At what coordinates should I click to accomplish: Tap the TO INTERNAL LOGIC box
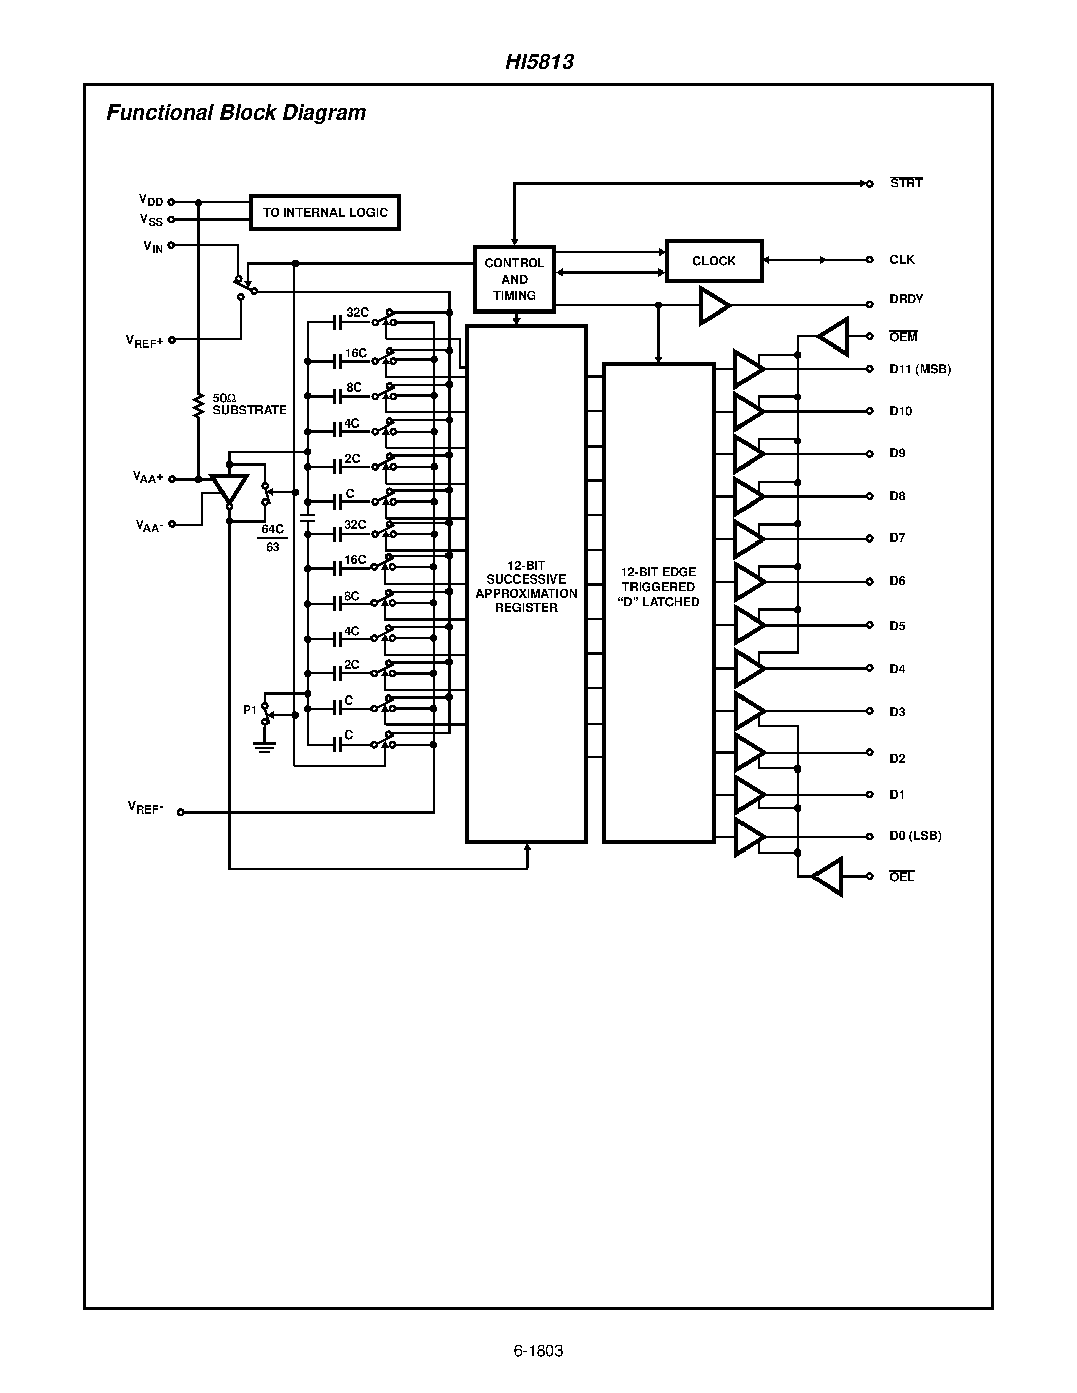coord(325,212)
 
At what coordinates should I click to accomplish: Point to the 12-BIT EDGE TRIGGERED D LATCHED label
coord(658,587)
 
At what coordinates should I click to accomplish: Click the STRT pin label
coord(906,184)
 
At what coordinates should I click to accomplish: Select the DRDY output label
coord(906,299)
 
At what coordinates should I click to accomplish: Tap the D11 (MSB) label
coord(920,369)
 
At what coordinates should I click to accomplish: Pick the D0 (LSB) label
coord(915,835)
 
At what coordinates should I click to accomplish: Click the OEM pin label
coord(903,337)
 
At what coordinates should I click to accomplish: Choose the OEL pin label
coord(902,877)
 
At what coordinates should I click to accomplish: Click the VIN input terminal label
coord(153,246)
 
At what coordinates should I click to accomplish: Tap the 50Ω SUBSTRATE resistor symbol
coord(199,406)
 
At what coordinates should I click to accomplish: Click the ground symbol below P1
coord(264,746)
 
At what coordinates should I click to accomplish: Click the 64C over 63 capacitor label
coord(273,537)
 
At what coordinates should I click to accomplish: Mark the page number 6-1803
coord(538,1351)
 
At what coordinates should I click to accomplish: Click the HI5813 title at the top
coord(539,62)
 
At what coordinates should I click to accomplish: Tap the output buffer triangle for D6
coord(747,581)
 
